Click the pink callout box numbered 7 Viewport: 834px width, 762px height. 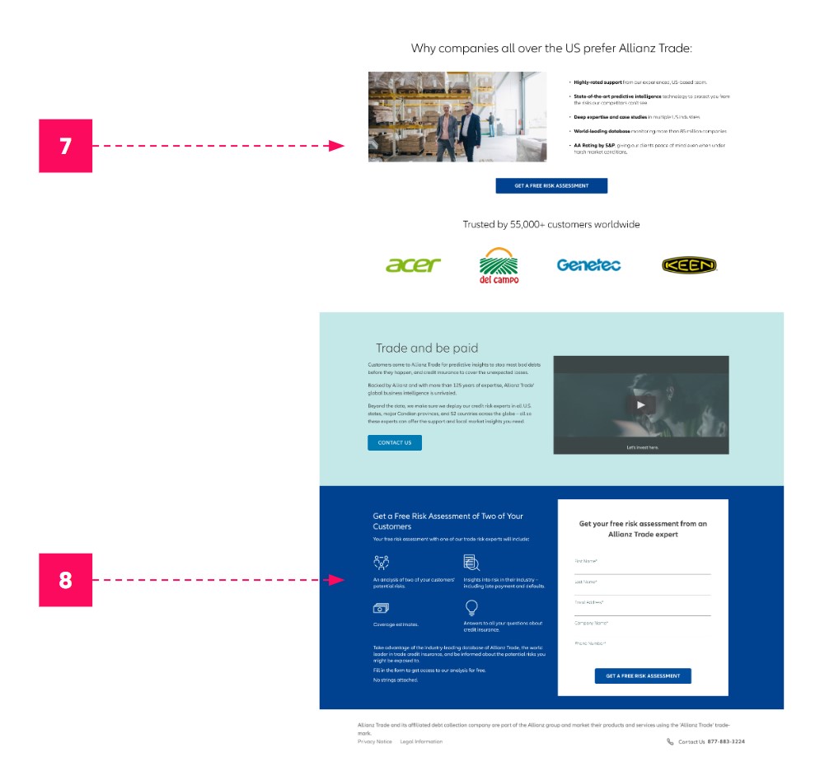(x=65, y=146)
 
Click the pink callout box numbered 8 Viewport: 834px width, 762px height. (x=65, y=580)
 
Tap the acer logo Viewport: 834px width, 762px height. (x=413, y=265)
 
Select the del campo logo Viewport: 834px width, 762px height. (x=499, y=265)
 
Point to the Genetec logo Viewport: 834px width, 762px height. (x=588, y=265)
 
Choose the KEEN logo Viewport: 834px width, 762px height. (x=689, y=265)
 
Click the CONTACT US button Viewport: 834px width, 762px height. (x=394, y=443)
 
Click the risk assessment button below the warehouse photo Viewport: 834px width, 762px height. (x=551, y=186)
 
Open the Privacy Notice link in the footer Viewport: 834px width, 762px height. (x=374, y=742)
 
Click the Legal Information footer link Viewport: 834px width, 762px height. (x=421, y=742)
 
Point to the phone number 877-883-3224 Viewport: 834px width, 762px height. (x=726, y=742)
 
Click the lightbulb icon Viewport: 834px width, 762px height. (x=471, y=608)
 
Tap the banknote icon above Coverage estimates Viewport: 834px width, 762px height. (x=381, y=609)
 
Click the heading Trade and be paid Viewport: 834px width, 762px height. (x=427, y=348)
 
